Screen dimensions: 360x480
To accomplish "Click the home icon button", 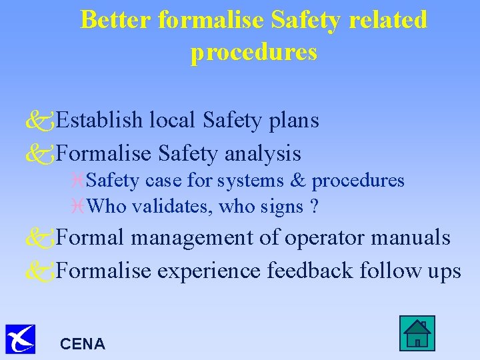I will (x=417, y=333).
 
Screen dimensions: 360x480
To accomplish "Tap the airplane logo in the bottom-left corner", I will (x=20, y=339).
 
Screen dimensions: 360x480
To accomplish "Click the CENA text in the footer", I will (x=82, y=344).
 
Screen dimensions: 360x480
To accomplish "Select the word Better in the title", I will (x=117, y=20).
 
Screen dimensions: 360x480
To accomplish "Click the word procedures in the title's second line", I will (x=253, y=52).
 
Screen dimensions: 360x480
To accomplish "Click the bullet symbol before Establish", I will (x=39, y=121).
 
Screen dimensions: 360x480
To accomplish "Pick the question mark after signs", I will (x=313, y=207).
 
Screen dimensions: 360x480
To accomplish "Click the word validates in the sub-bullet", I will (x=165, y=207).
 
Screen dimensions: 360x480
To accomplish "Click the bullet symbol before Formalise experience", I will (x=39, y=271).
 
